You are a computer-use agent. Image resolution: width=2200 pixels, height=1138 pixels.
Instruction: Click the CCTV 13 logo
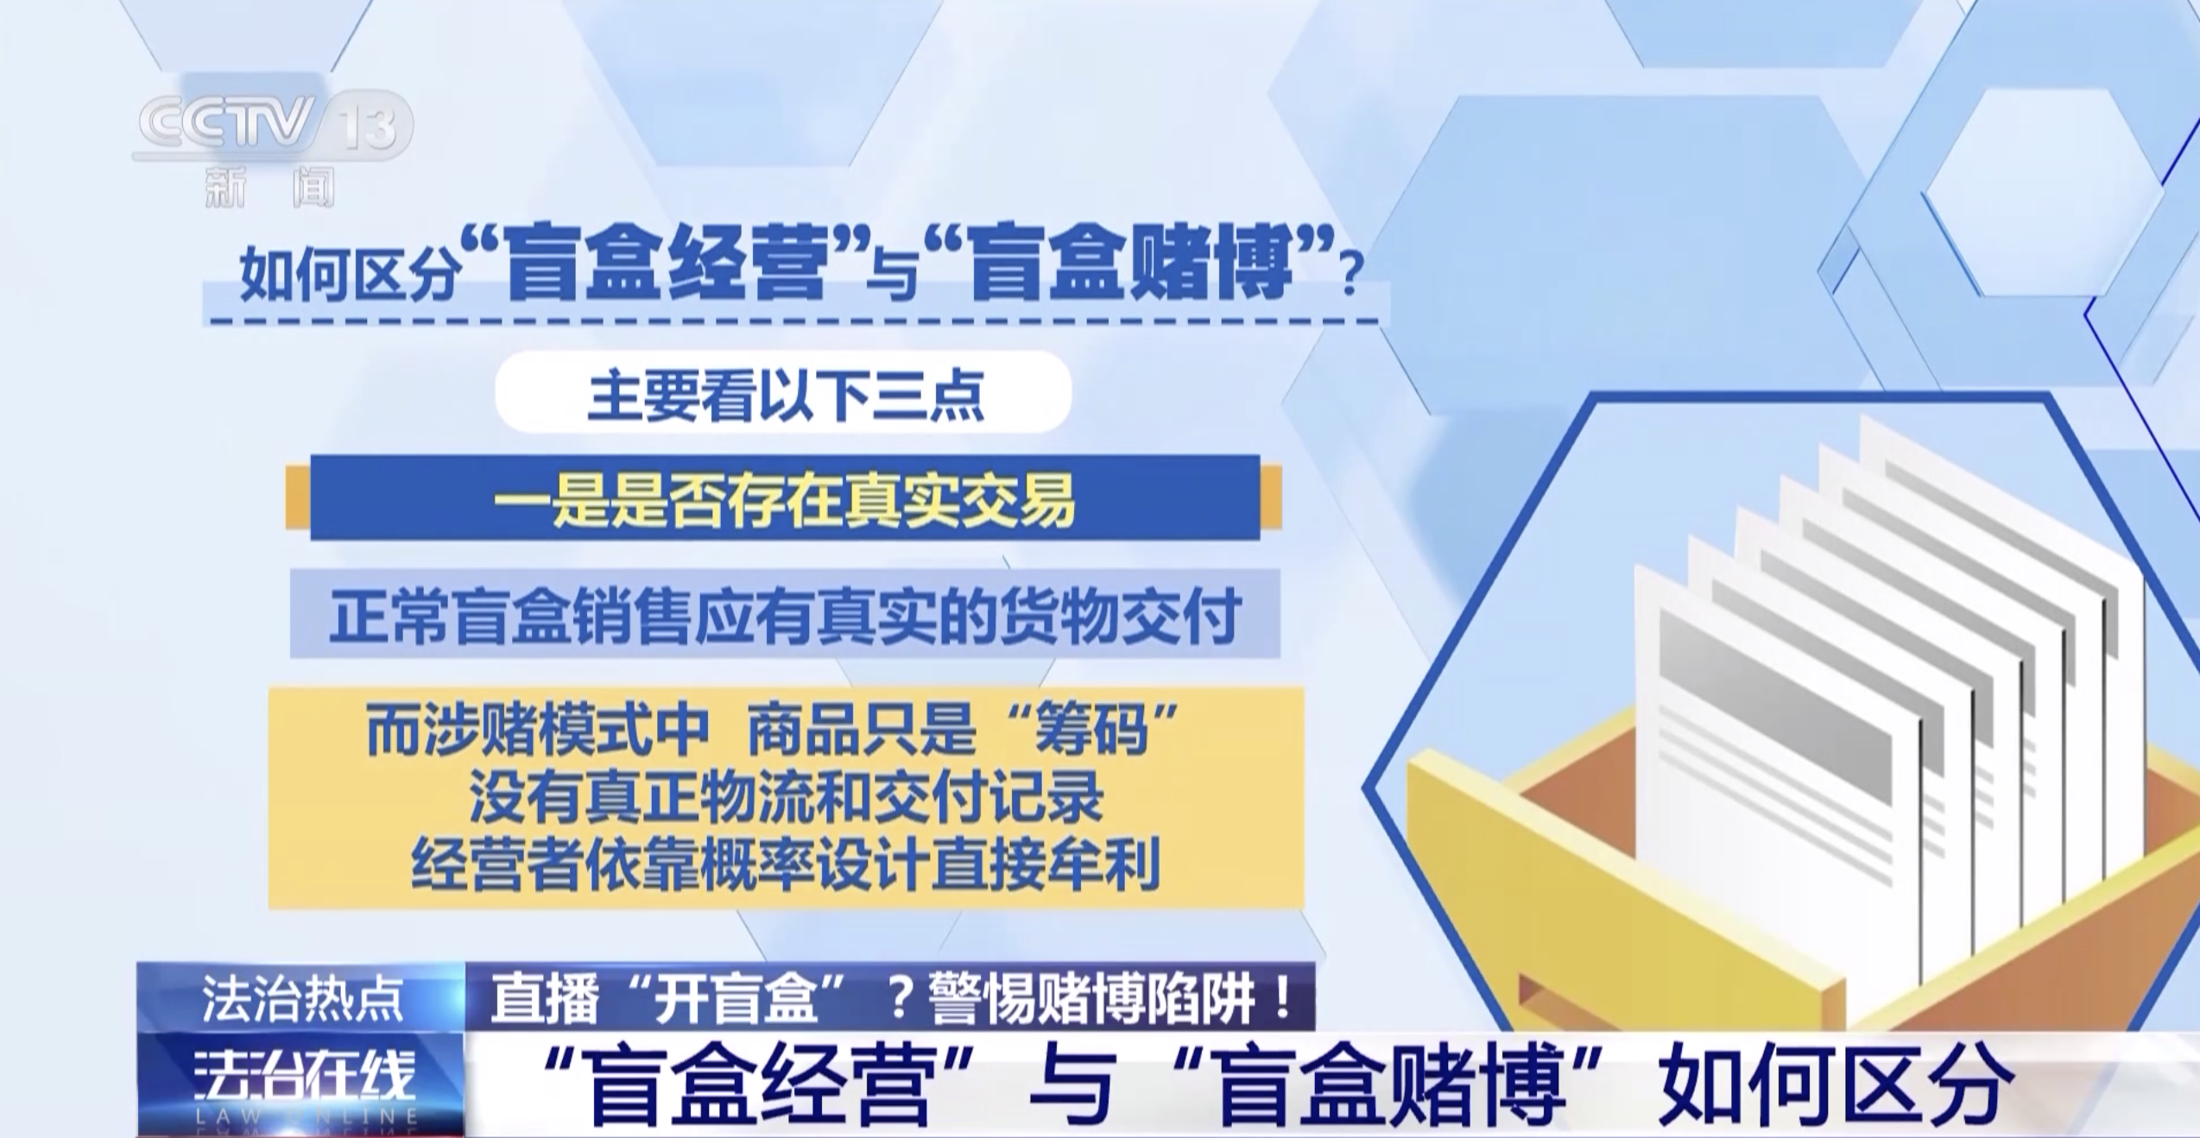(273, 127)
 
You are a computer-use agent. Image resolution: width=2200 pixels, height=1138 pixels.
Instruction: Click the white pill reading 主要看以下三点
(783, 392)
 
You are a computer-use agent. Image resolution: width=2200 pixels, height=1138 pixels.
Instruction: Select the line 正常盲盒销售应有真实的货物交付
(785, 615)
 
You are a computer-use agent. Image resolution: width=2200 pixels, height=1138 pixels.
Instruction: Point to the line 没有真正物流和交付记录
(787, 798)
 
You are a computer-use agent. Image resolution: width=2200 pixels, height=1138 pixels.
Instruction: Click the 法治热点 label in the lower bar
(302, 998)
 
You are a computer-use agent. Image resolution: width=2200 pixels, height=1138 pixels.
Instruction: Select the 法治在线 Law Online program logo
(302, 1084)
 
